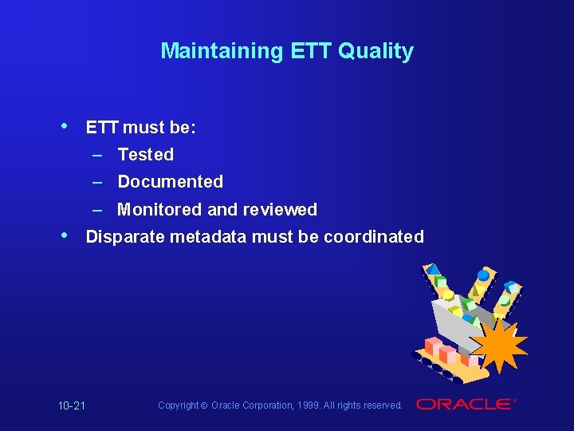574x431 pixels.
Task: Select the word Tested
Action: pos(145,154)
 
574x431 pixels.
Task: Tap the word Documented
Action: pos(170,181)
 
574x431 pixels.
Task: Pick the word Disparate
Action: pos(124,236)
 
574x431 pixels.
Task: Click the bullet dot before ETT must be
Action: pos(65,126)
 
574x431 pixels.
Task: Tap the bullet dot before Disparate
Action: pos(65,235)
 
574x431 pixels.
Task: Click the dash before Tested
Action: pos(96,154)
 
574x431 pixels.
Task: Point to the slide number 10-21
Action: pos(72,406)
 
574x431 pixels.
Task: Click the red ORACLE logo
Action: pos(465,405)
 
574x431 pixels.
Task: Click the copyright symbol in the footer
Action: pos(204,405)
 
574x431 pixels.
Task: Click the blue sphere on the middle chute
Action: pos(483,276)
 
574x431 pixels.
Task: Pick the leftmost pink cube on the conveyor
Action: pos(431,344)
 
